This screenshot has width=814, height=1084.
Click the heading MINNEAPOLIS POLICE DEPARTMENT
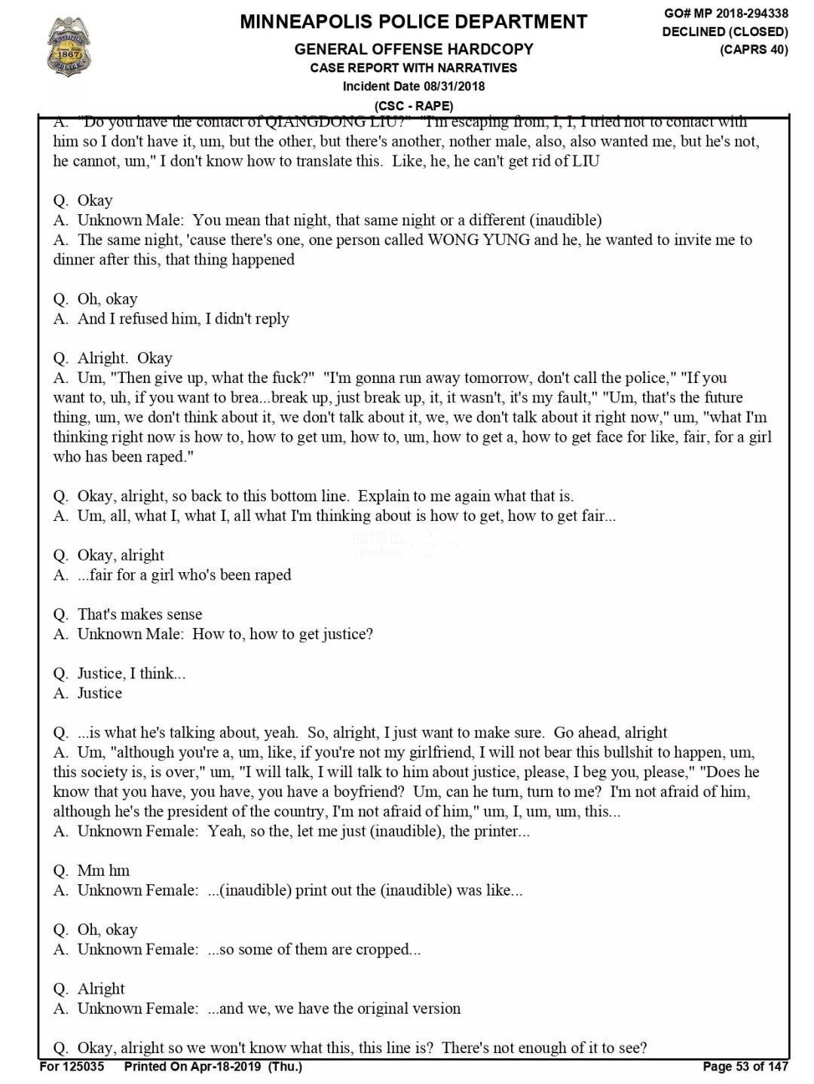(x=413, y=22)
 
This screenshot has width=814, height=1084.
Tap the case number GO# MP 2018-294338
(x=726, y=13)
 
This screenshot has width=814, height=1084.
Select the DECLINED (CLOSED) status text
(x=725, y=32)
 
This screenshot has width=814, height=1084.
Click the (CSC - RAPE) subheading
(x=413, y=106)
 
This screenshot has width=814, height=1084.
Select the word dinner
(x=75, y=259)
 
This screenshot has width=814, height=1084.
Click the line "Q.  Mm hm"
(x=91, y=871)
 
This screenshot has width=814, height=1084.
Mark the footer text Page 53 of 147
(x=745, y=1066)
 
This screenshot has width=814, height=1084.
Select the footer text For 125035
(x=72, y=1066)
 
